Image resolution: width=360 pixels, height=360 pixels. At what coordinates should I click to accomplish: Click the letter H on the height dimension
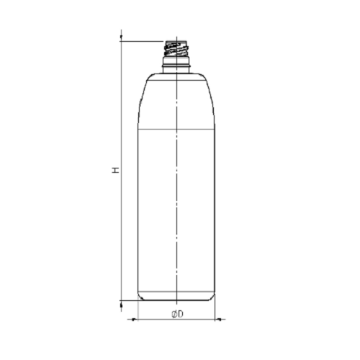(x=114, y=171)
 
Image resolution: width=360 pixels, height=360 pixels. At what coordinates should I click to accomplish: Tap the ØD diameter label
(x=176, y=314)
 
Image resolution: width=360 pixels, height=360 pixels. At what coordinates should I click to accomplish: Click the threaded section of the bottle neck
(x=176, y=51)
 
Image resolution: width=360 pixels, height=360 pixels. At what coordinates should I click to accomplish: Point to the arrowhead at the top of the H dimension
(x=121, y=37)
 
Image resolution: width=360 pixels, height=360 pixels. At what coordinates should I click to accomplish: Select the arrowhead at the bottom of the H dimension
(x=121, y=302)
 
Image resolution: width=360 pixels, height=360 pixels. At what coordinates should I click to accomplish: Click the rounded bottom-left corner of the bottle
(x=140, y=297)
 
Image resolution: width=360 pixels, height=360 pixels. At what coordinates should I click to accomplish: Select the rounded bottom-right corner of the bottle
(x=213, y=297)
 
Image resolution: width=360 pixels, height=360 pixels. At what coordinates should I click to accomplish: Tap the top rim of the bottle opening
(x=176, y=40)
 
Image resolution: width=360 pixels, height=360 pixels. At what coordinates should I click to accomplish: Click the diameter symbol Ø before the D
(x=174, y=314)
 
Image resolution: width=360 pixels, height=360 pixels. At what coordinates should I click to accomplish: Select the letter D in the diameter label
(x=180, y=314)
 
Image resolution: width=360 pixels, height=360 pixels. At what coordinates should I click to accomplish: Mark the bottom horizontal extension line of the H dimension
(x=130, y=300)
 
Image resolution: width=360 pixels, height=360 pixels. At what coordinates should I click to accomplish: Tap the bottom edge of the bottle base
(x=176, y=300)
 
